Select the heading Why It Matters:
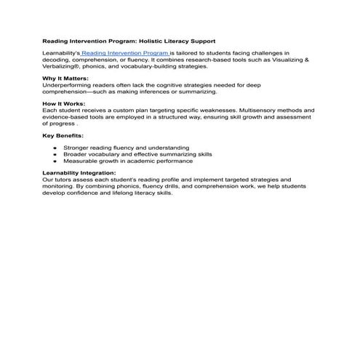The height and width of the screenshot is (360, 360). [x=65, y=79]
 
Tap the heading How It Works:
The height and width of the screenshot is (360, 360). [x=64, y=104]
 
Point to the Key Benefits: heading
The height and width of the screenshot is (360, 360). [x=63, y=135]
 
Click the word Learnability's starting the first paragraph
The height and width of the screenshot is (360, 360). [x=61, y=54]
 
